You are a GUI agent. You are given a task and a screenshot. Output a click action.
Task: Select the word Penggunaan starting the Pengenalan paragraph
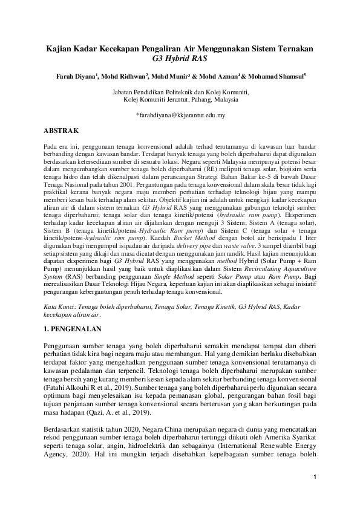tap(64, 344)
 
